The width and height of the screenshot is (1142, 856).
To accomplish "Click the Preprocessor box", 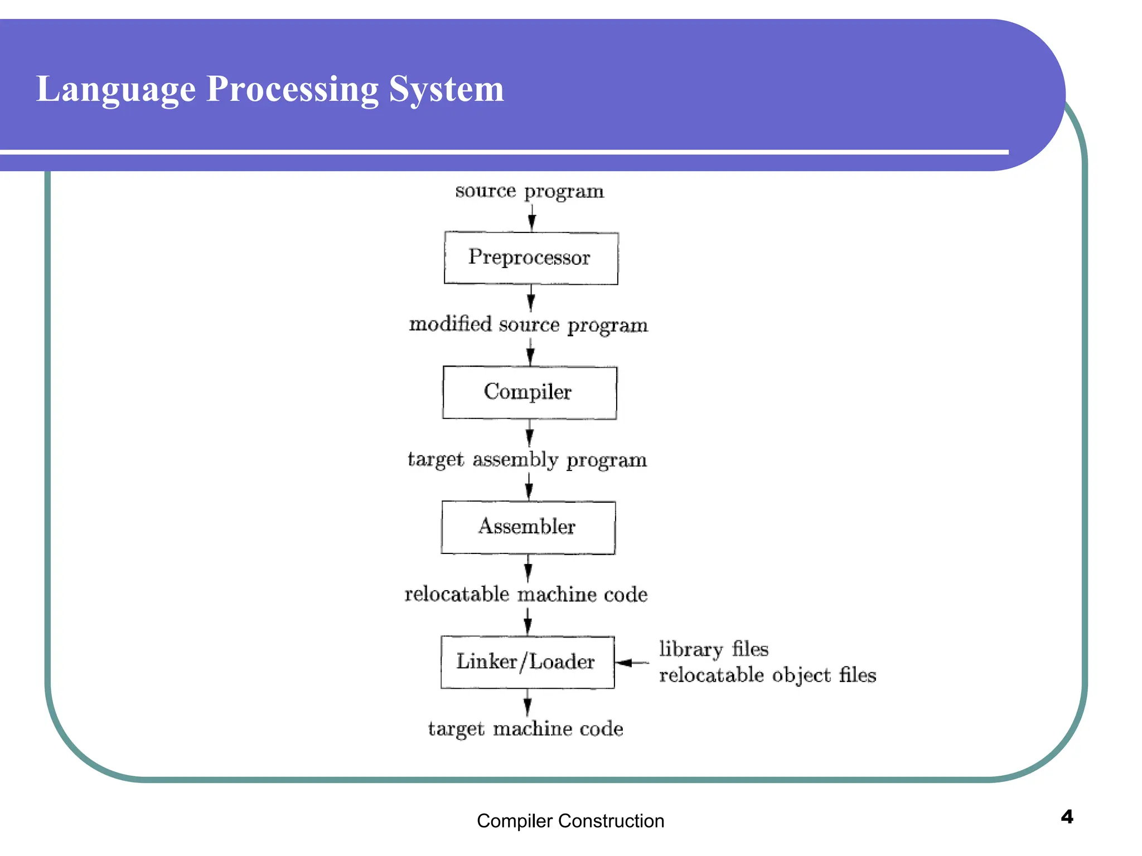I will tap(531, 258).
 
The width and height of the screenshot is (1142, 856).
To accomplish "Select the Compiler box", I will tap(529, 392).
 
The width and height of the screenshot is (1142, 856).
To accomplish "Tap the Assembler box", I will tap(528, 527).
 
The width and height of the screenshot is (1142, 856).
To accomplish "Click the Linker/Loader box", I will tap(527, 662).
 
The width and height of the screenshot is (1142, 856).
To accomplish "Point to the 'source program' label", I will tap(529, 191).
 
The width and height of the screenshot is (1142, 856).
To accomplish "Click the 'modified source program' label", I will tap(528, 325).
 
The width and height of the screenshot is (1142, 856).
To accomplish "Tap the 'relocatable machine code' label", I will tap(526, 595).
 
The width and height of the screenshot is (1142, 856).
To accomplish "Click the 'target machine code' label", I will tap(525, 729).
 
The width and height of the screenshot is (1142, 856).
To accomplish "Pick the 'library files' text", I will tap(713, 649).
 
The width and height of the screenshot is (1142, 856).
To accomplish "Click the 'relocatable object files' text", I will tap(767, 675).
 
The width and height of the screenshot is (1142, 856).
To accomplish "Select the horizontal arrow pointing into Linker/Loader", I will tap(632, 663).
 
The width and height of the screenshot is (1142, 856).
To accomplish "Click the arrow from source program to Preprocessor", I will tap(532, 217).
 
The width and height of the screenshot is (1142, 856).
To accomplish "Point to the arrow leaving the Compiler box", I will tap(529, 433).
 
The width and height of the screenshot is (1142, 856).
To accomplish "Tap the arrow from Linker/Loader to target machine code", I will tap(527, 703).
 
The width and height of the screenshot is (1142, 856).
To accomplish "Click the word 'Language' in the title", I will tap(116, 89).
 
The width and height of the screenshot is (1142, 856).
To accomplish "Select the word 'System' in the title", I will tap(446, 89).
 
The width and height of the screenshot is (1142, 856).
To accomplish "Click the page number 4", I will tap(1067, 817).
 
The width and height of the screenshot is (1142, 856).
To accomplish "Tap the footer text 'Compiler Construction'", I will tap(570, 821).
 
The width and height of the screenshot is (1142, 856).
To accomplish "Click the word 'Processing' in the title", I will tap(292, 89).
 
